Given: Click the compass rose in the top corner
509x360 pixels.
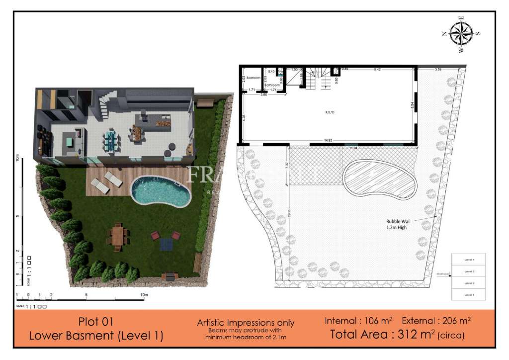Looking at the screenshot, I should click(x=462, y=34).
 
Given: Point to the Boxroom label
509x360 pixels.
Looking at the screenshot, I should click(x=254, y=78).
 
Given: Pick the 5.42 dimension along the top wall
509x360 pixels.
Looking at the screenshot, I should click(x=377, y=69).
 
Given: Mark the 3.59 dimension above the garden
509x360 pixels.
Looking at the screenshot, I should click(x=438, y=69).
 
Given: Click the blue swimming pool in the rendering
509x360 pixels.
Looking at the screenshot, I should click(x=160, y=191).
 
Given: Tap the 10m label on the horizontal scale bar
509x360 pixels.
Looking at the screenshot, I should click(x=144, y=295).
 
